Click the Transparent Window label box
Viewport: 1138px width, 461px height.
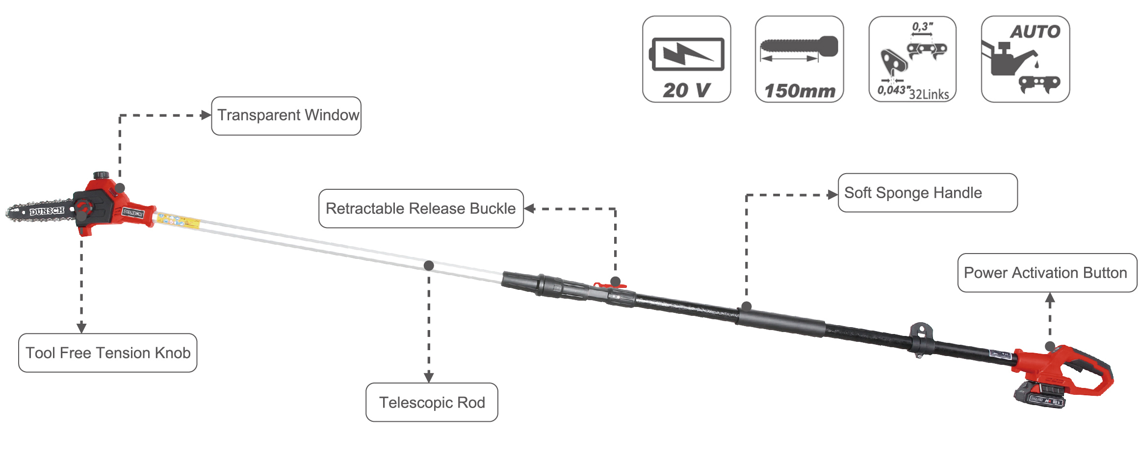(286, 116)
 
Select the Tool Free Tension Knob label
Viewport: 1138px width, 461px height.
(108, 353)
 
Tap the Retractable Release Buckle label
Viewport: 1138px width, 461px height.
(421, 208)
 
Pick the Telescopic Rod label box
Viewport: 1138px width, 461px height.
(432, 402)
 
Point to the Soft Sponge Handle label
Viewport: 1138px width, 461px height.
(927, 193)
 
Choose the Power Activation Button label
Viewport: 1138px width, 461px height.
(1047, 273)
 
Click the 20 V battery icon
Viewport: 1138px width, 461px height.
(687, 59)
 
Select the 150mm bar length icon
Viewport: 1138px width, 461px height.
(800, 59)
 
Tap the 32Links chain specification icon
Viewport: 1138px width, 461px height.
(912, 59)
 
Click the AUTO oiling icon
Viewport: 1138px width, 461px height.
(1025, 59)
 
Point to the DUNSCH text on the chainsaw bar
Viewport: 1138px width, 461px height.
(47, 211)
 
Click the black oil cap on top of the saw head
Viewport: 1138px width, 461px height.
(102, 175)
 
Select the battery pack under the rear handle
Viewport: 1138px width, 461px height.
(1040, 395)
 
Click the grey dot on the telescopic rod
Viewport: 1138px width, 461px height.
(429, 265)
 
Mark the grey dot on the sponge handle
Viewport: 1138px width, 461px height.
(747, 307)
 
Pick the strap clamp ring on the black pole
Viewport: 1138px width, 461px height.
(921, 338)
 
